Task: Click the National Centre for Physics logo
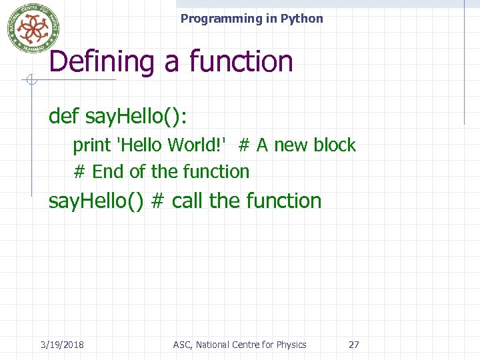33,28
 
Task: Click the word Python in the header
301,19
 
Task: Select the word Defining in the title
101,62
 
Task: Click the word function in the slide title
241,62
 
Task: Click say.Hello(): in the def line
137,117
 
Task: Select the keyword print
91,145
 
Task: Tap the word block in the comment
334,145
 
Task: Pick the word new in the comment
291,145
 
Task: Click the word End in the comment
109,171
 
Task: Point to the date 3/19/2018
62,345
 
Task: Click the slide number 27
354,345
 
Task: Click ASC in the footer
181,345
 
